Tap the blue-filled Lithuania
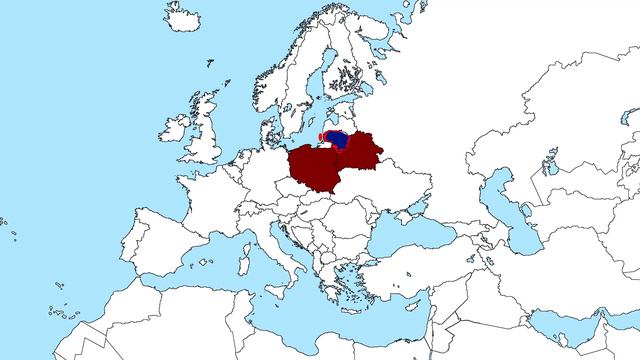[x=337, y=141]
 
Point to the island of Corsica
[x=253, y=240]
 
